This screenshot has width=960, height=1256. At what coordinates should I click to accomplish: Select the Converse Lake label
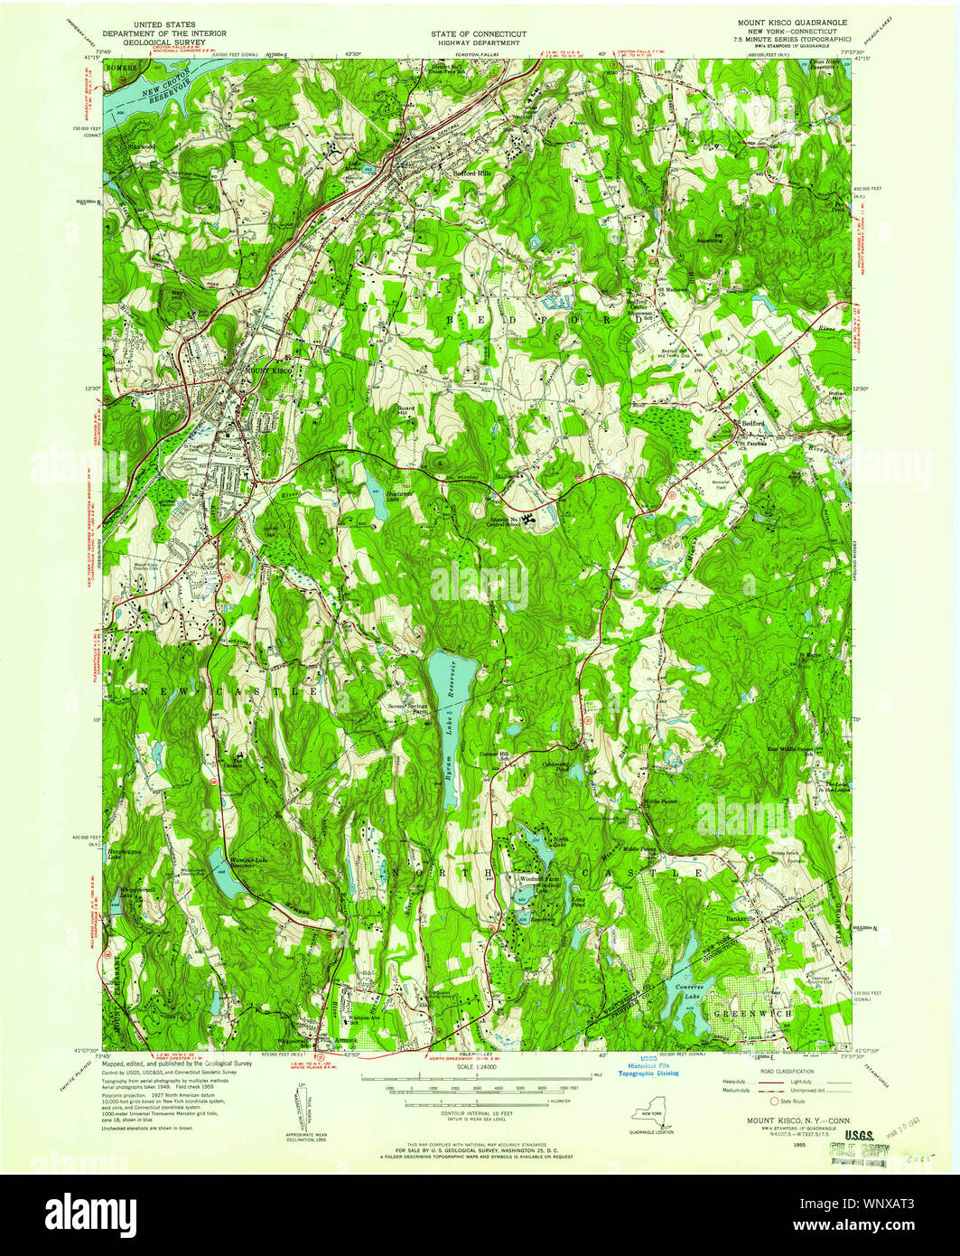tap(688, 988)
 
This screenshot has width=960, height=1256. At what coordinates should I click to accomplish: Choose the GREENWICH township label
tap(752, 1014)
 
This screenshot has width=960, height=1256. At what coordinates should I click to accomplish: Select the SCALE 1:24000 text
tap(478, 1070)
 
